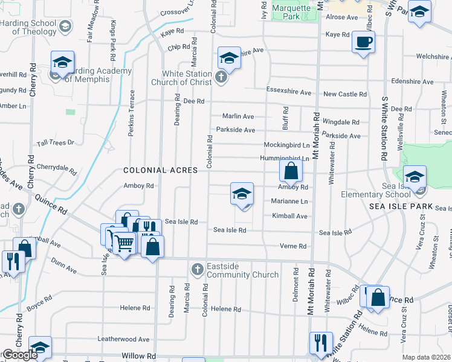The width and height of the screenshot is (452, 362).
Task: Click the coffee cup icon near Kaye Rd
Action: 363,43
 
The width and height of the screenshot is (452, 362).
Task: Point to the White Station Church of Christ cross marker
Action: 221,77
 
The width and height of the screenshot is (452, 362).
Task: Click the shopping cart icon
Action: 124,243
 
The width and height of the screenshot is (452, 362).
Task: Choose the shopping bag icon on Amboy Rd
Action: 291,171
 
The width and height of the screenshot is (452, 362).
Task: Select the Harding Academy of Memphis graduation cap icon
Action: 62,62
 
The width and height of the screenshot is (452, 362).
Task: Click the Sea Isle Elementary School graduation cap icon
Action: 415,177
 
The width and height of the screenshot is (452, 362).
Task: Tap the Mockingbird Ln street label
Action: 286,145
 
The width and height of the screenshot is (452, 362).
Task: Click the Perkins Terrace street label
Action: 131,113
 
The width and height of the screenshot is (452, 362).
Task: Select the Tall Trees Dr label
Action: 55,142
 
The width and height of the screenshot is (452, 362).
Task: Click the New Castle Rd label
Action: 345,94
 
